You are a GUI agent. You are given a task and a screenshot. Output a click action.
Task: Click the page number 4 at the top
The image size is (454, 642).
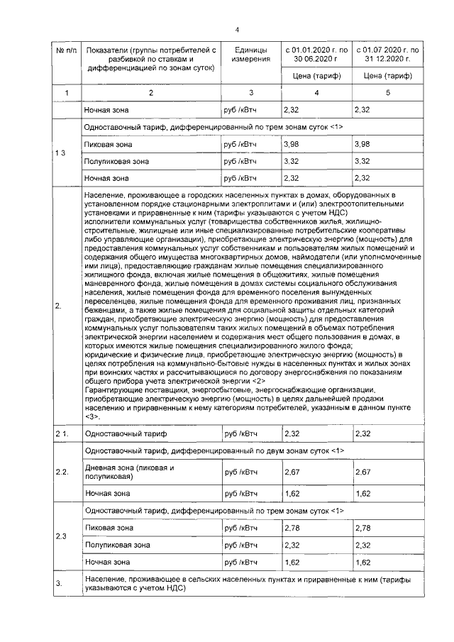click(x=237, y=29)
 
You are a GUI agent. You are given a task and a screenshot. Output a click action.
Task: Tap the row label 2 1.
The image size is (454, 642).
click(x=62, y=433)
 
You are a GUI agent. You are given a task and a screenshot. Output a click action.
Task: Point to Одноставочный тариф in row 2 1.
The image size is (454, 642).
click(x=117, y=433)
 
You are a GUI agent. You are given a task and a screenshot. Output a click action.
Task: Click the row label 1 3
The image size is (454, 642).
click(x=62, y=153)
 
